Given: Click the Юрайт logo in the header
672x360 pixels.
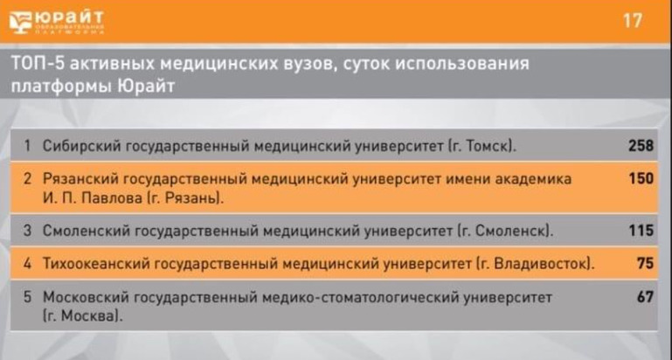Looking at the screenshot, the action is click(x=57, y=23).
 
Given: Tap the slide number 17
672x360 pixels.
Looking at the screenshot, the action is click(x=633, y=21).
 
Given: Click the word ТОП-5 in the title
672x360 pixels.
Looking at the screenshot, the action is click(x=38, y=64).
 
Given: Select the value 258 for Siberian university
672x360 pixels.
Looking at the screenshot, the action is click(x=641, y=146).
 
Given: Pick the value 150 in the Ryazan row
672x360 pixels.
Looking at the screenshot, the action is click(x=641, y=178).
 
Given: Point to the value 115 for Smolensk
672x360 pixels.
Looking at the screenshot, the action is click(x=641, y=231).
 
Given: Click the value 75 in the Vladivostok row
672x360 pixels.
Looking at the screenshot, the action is click(x=646, y=263).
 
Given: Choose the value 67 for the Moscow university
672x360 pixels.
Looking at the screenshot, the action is click(x=646, y=296).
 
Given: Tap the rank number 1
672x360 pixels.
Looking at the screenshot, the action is click(x=27, y=146).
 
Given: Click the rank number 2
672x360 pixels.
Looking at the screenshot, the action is click(x=27, y=179).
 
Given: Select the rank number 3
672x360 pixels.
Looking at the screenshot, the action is click(x=27, y=231).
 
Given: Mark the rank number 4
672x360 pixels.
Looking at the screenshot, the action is click(x=27, y=264).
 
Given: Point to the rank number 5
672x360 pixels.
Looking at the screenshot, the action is click(x=27, y=297).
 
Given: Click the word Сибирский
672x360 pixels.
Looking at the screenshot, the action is click(x=81, y=147).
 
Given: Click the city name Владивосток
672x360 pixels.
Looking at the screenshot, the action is click(x=540, y=264).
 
